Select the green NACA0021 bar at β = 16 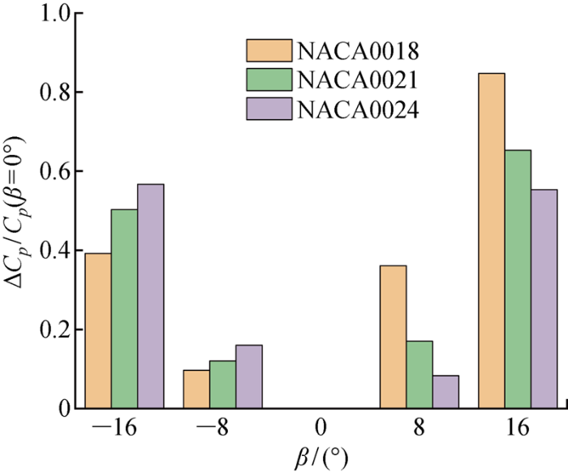tap(518, 279)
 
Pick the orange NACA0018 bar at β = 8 tap(393, 337)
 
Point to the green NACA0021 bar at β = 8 tap(419, 374)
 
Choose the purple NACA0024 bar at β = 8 tap(445, 391)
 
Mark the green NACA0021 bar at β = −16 tap(124, 308)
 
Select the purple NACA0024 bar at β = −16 tap(150, 296)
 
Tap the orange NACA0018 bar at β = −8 tap(196, 389)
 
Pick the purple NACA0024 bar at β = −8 tap(248, 376)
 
